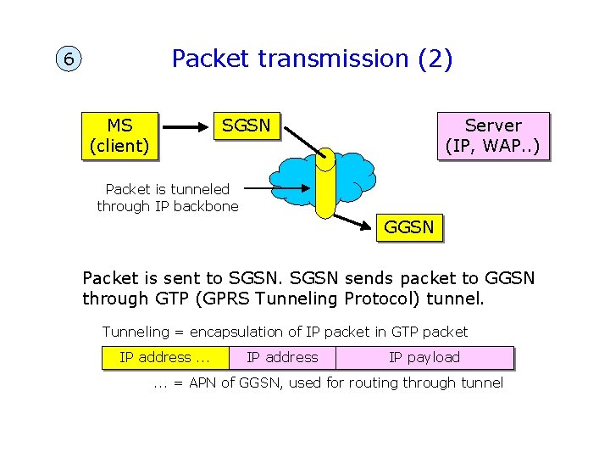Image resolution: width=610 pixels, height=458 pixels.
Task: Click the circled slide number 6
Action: coord(68,60)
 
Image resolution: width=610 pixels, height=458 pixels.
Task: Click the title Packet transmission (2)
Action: coord(312,59)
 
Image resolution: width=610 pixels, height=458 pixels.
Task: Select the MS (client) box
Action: coord(119,135)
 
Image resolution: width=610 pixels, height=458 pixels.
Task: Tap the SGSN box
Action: coord(246,126)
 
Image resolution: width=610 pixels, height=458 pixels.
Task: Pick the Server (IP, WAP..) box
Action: coord(492,136)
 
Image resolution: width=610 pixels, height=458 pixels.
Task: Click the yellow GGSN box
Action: coord(408,227)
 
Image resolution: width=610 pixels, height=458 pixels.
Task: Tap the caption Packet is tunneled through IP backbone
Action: coord(168,198)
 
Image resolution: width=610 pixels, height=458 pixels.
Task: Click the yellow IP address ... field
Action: coord(164,357)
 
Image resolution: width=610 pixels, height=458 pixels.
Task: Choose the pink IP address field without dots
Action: coord(282,357)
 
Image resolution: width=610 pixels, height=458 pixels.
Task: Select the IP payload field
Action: coord(424,357)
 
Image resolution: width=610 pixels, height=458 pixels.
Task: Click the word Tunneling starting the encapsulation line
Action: coord(134,332)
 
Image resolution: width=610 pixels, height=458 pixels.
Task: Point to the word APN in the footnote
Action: coord(203,383)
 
